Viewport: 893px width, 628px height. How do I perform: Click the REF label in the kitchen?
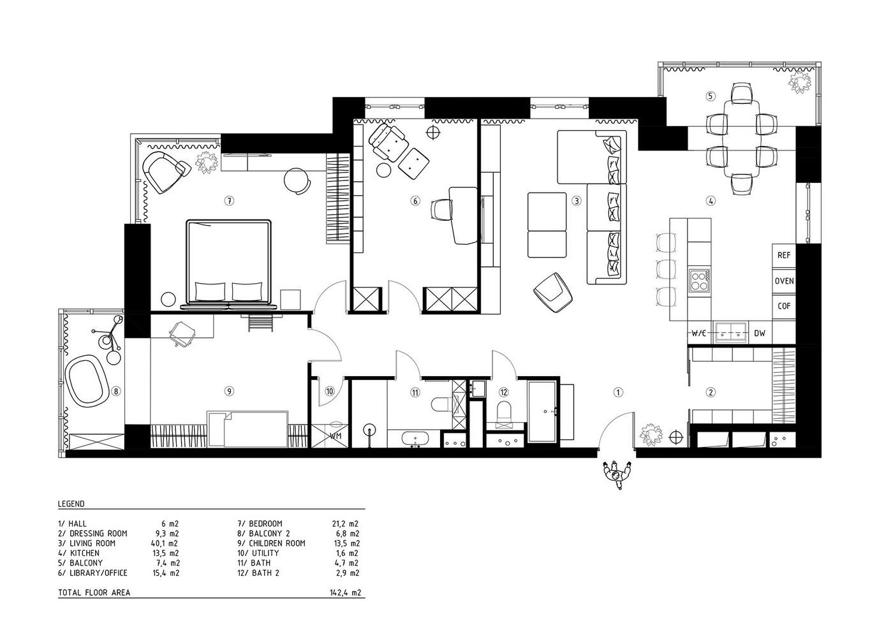(784, 256)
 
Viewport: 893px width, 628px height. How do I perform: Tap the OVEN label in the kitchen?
(784, 281)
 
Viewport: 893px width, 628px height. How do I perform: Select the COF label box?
(784, 307)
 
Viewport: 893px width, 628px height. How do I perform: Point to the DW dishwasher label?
(760, 333)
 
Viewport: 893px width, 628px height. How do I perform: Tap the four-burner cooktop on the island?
(699, 281)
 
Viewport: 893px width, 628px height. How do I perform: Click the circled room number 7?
(229, 201)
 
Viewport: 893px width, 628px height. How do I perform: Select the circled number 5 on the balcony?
(710, 96)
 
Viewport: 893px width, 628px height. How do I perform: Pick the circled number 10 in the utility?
(329, 391)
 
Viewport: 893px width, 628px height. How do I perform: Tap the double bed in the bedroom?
(229, 265)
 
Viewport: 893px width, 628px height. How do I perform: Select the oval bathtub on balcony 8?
(87, 383)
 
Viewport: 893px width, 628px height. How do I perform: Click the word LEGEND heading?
(71, 504)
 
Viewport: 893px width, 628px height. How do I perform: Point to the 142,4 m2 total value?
(345, 592)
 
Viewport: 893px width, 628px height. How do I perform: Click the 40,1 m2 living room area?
(165, 543)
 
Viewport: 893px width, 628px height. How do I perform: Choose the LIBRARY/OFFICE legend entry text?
(98, 573)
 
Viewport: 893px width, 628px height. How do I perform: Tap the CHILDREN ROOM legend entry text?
(277, 543)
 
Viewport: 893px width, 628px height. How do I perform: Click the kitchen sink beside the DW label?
(731, 333)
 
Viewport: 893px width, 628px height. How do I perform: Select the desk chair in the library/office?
(441, 209)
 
